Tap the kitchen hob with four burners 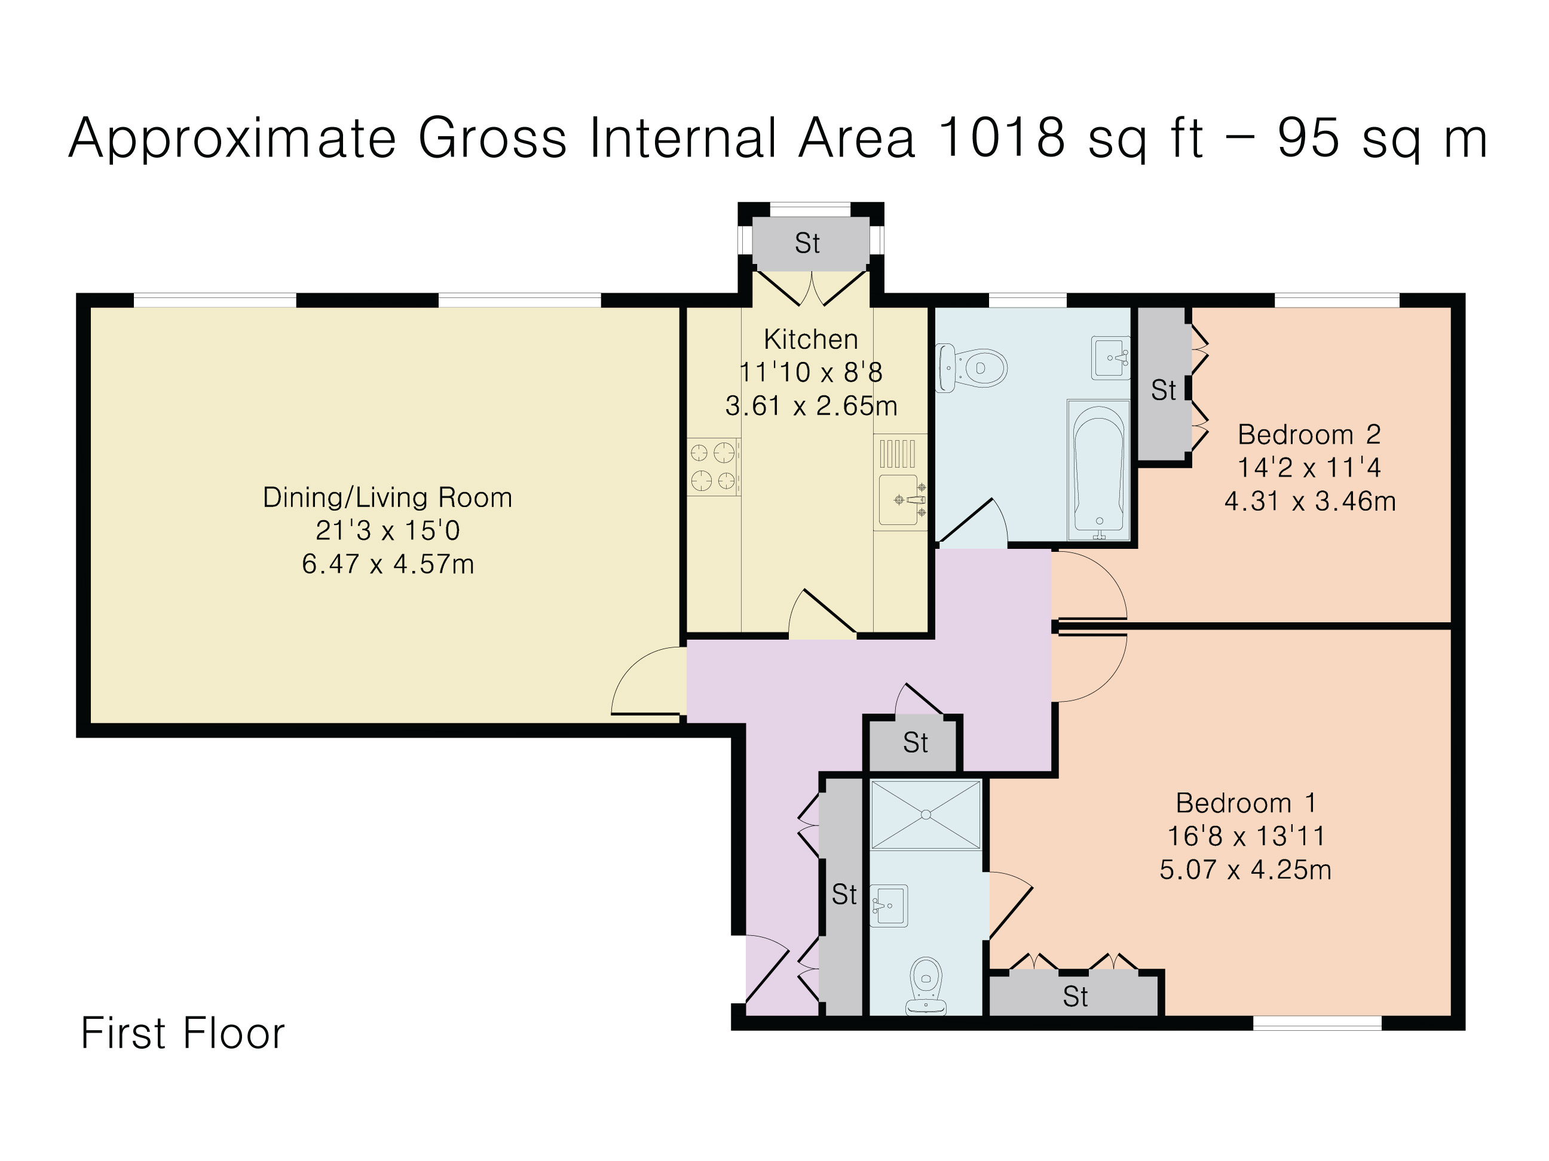713,467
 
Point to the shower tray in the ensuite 925,815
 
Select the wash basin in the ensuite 889,905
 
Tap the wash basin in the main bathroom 1110,358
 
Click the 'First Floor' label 183,1033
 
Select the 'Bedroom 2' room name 1308,435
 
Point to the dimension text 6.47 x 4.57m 388,564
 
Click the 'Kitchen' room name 810,339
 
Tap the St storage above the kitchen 807,244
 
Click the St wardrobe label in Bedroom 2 1163,391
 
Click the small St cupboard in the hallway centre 914,742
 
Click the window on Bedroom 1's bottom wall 1317,1023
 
